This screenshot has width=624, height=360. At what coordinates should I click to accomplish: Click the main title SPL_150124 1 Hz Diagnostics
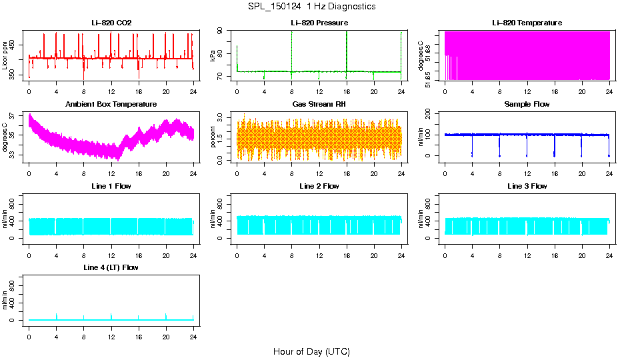(x=311, y=6)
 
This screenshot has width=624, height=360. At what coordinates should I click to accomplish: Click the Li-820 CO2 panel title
(x=111, y=23)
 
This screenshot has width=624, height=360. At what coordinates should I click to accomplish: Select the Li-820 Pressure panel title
(x=319, y=23)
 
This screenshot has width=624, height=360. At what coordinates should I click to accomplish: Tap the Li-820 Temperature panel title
(x=527, y=23)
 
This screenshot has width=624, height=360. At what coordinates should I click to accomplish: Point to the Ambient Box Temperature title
(x=111, y=105)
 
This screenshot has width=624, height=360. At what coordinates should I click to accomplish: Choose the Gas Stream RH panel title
(x=319, y=105)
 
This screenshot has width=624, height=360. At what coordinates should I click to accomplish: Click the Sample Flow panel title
(x=527, y=105)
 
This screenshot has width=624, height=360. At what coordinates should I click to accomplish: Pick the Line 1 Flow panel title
(x=111, y=186)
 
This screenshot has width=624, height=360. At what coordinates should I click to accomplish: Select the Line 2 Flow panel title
(x=319, y=186)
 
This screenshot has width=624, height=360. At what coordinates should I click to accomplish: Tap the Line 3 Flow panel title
(x=527, y=186)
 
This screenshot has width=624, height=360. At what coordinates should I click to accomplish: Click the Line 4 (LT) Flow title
(x=111, y=267)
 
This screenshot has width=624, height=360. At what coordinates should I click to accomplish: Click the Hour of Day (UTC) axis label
(x=311, y=351)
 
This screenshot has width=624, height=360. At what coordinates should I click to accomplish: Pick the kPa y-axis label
(x=213, y=55)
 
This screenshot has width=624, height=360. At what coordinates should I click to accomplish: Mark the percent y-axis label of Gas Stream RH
(x=213, y=137)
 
